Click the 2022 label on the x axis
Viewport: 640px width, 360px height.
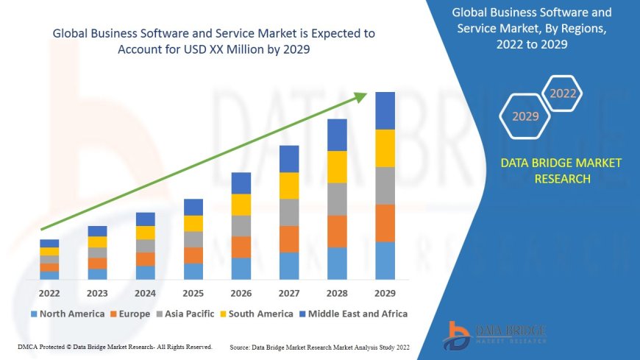click(49, 292)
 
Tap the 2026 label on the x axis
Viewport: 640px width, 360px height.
click(241, 292)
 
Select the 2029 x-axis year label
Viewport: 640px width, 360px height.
click(385, 292)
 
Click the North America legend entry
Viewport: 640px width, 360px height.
click(67, 314)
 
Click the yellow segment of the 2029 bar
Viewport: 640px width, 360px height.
click(385, 148)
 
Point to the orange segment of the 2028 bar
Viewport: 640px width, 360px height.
click(337, 231)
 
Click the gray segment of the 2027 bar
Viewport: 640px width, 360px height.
click(289, 212)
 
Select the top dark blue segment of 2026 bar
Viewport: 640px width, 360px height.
click(241, 183)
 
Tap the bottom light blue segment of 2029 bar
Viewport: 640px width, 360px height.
click(385, 261)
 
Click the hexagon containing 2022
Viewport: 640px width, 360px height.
click(563, 93)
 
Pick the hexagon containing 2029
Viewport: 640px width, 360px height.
click(525, 116)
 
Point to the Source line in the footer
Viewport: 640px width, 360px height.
click(319, 346)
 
